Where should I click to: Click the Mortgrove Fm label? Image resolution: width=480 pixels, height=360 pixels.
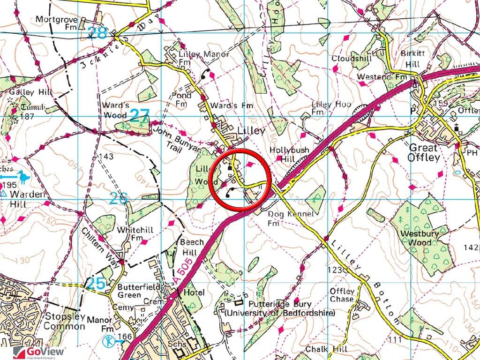coord(57,23)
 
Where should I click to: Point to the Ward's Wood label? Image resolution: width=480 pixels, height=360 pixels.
coord(114,109)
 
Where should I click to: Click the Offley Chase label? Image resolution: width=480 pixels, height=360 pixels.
coord(342,295)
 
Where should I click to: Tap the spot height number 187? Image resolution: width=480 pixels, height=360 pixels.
coord(27,116)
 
